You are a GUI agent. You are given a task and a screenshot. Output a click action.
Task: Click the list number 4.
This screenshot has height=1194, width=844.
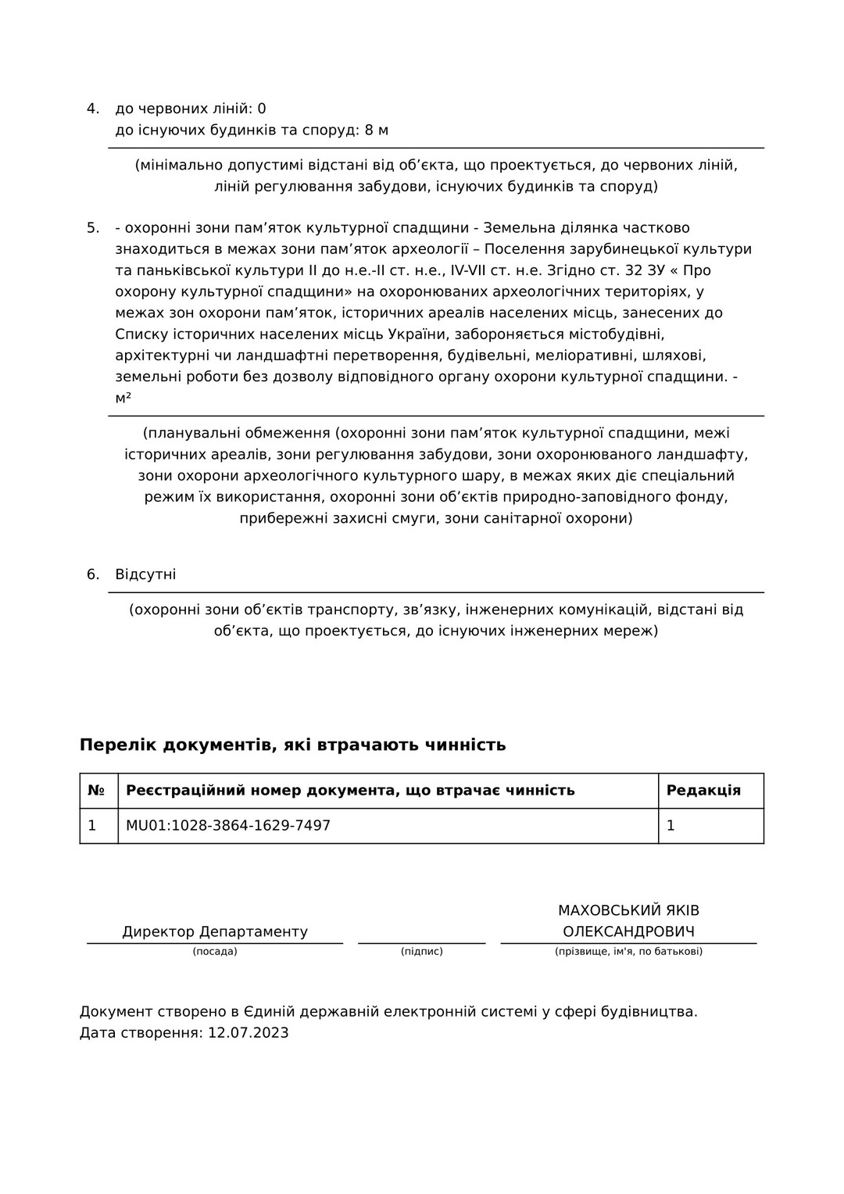click(x=92, y=109)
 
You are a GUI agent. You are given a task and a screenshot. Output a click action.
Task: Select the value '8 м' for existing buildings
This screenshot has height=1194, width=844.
click(x=376, y=130)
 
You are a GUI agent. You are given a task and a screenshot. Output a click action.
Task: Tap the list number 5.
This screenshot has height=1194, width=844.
click(x=92, y=228)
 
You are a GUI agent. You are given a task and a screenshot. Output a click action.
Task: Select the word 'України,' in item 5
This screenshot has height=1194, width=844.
click(x=416, y=334)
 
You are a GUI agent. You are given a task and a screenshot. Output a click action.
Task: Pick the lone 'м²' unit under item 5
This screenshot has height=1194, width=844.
click(x=123, y=399)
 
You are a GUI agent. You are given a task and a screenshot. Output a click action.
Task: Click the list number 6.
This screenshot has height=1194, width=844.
click(x=92, y=574)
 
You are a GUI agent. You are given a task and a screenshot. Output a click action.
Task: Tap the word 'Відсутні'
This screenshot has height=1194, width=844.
click(x=145, y=574)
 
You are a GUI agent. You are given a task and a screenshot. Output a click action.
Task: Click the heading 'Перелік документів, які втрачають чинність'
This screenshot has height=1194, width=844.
click(x=292, y=745)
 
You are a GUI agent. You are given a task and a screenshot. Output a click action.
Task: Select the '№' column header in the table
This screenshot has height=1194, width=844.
click(x=96, y=790)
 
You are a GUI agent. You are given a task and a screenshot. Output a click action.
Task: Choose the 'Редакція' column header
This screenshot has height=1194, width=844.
click(x=703, y=790)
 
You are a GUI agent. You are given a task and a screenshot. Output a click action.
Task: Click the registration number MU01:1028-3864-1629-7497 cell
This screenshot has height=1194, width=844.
click(x=228, y=825)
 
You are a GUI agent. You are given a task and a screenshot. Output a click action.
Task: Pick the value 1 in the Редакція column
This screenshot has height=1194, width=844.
click(x=671, y=825)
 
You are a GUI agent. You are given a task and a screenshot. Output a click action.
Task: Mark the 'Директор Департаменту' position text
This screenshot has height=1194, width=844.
click(x=215, y=931)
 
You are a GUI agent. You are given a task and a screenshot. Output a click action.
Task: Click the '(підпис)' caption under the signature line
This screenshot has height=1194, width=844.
click(x=422, y=952)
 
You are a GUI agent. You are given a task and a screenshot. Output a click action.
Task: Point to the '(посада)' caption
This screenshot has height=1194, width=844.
click(x=215, y=952)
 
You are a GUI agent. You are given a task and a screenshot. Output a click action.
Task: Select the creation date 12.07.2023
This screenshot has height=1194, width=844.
click(x=248, y=1033)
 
